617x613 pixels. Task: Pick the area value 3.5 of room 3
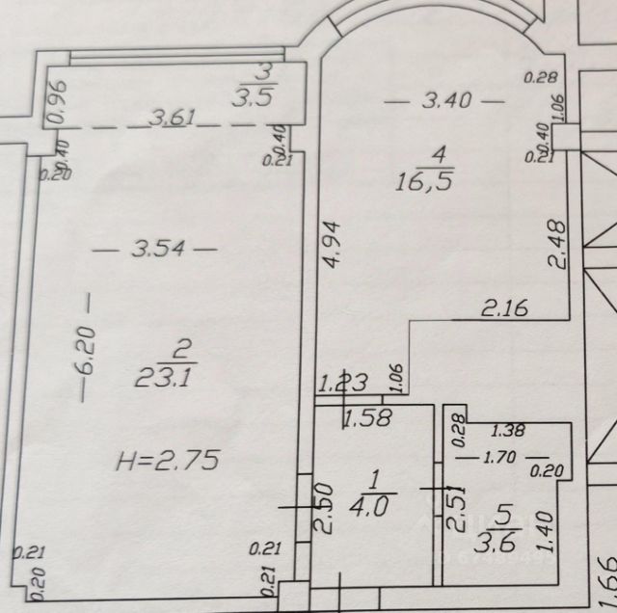click(255, 96)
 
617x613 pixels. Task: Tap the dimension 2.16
click(502, 309)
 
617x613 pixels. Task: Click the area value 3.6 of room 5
click(504, 535)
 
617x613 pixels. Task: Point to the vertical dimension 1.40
click(550, 528)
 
